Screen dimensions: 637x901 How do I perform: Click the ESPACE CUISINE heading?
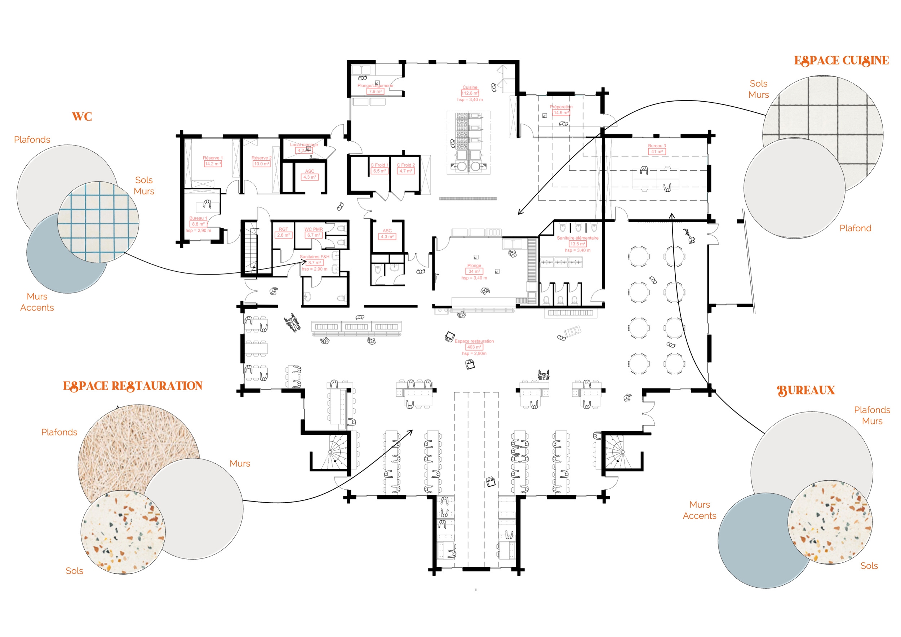pyautogui.click(x=841, y=61)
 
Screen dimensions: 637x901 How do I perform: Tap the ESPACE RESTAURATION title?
pyautogui.click(x=133, y=386)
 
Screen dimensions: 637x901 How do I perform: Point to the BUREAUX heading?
pyautogui.click(x=806, y=390)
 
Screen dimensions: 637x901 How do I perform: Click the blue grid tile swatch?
pyautogui.click(x=98, y=222)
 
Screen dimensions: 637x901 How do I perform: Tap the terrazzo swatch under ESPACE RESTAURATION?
pyautogui.click(x=123, y=532)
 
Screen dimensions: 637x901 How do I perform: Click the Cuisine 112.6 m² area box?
pyautogui.click(x=470, y=93)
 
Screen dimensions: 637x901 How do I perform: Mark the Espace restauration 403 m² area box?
pyautogui.click(x=474, y=347)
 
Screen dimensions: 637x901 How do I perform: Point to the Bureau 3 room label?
pyautogui.click(x=657, y=146)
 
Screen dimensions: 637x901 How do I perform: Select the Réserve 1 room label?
pyautogui.click(x=213, y=158)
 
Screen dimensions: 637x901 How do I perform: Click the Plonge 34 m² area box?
pyautogui.click(x=474, y=271)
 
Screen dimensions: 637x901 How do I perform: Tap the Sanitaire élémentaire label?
pyautogui.click(x=578, y=238)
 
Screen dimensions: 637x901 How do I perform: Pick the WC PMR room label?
pyautogui.click(x=314, y=230)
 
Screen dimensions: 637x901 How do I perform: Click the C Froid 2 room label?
pyautogui.click(x=406, y=165)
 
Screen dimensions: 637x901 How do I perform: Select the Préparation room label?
pyautogui.click(x=561, y=107)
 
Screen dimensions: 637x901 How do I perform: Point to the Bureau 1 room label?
pyautogui.click(x=198, y=218)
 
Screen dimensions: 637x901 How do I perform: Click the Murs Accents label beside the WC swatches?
pyautogui.click(x=37, y=302)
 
